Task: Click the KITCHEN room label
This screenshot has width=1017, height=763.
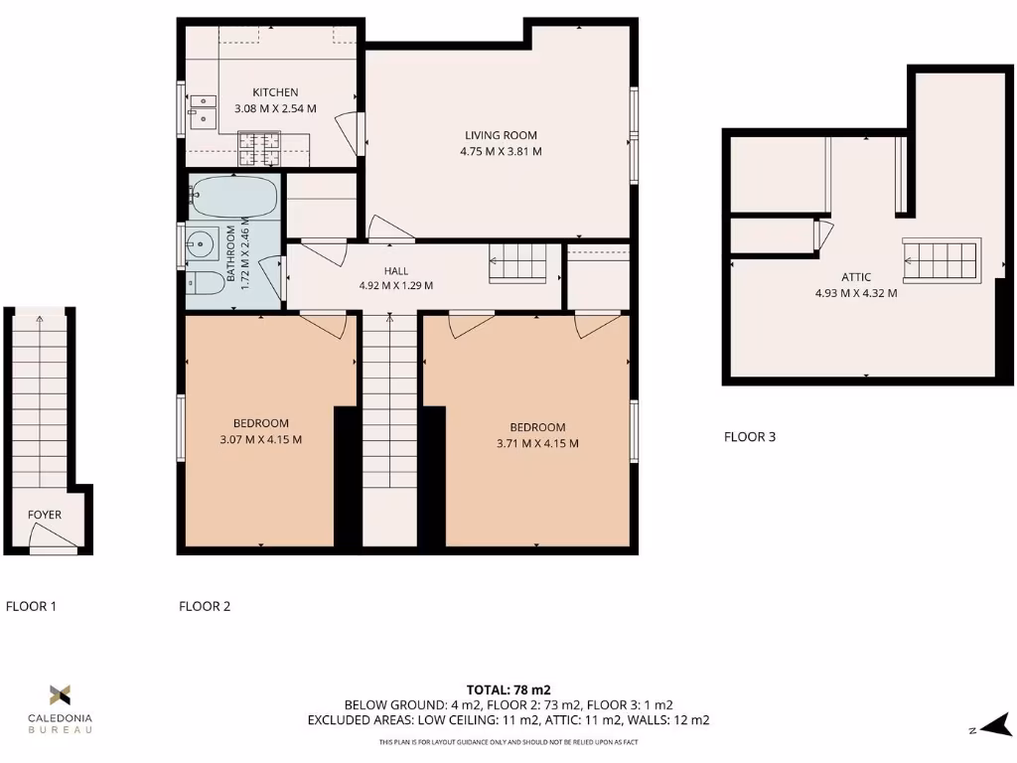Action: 275,92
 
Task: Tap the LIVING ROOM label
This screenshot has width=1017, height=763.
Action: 501,135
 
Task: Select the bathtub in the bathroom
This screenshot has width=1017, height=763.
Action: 234,197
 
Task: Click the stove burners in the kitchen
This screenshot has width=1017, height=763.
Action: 259,148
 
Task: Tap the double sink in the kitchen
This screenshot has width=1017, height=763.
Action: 204,109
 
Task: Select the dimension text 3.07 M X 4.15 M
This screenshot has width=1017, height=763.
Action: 261,440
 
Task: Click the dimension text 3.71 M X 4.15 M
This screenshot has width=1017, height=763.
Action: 538,444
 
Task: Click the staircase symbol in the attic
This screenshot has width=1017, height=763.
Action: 941,258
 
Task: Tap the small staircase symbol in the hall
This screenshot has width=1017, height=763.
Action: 517,263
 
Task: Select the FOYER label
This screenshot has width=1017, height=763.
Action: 45,515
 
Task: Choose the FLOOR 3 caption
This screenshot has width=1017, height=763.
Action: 750,436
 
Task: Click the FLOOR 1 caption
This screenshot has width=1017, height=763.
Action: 31,606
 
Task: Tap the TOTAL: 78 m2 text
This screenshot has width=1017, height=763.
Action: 508,689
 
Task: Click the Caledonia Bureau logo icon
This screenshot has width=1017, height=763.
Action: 61,694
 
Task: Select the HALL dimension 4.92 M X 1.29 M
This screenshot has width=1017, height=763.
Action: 396,286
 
